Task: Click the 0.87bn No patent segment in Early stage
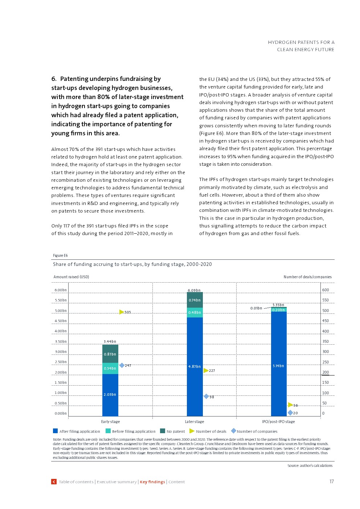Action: coord(110,354)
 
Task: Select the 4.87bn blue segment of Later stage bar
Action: coord(195,366)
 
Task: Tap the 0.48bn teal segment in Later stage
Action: coord(195,312)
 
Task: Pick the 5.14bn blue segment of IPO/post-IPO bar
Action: coord(278,366)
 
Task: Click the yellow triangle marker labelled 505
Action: coord(122,312)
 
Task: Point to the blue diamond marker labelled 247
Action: coord(122,365)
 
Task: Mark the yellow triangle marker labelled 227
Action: coord(206,370)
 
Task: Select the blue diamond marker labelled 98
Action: coord(206,397)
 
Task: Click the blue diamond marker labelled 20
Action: coord(290,413)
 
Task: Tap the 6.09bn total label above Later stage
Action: coord(194,290)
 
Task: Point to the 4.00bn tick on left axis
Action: coord(61,331)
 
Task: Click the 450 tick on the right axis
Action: coord(326,321)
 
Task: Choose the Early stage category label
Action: coord(110,422)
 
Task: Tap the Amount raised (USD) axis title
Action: coord(71,277)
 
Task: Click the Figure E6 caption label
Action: coord(60,255)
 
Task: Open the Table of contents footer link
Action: coord(76,482)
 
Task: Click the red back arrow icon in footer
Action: coord(54,482)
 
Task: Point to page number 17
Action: coord(331,481)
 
